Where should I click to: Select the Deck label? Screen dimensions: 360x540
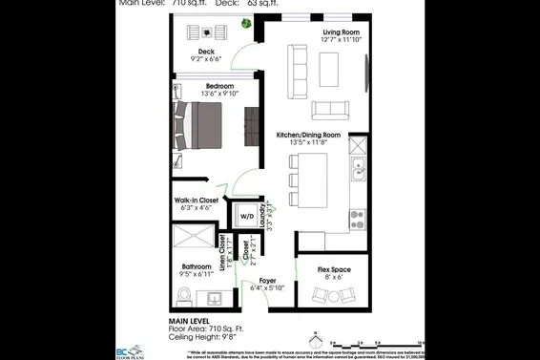click(206, 52)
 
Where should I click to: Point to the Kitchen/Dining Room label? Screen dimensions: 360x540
click(307, 136)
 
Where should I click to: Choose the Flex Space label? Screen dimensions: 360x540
click(334, 270)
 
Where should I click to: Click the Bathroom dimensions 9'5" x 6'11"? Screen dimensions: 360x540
click(200, 275)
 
